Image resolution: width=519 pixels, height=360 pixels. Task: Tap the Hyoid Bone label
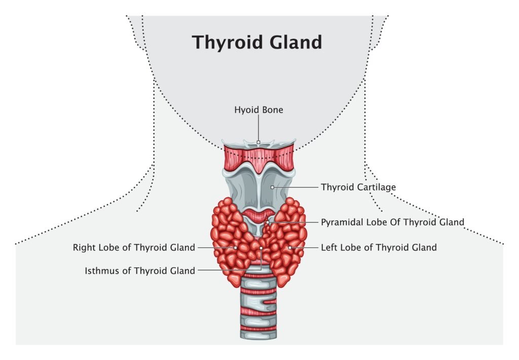[258, 109]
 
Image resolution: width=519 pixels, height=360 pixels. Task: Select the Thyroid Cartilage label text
[358, 187]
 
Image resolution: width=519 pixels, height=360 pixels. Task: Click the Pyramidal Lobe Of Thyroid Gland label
[393, 222]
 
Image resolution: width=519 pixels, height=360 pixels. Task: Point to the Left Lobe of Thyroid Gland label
[379, 247]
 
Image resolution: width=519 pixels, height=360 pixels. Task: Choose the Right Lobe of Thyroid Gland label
[134, 247]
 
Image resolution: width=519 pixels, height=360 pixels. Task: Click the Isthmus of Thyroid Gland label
[140, 271]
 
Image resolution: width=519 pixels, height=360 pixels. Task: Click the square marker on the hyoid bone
[258, 142]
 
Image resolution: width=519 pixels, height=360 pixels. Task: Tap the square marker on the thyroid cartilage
[272, 187]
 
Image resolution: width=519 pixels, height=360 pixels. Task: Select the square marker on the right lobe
[236, 247]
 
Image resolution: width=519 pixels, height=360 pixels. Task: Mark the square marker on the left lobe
[290, 247]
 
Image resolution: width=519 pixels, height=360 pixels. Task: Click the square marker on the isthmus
[262, 248]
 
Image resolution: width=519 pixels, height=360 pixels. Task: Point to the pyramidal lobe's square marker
[268, 222]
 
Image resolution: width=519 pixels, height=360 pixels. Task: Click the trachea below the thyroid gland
[258, 309]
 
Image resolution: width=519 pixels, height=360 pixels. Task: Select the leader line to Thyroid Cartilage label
[296, 187]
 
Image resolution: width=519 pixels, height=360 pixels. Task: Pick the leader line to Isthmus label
[228, 271]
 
